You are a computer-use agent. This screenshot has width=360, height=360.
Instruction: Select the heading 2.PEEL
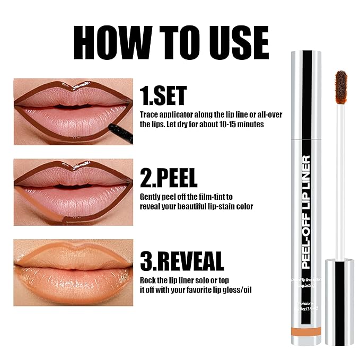click(x=169, y=179)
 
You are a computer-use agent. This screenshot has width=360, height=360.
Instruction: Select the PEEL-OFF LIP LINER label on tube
click(x=306, y=212)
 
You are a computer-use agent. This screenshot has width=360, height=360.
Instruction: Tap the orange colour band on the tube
click(x=306, y=331)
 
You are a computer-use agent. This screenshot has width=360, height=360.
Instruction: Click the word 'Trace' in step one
click(x=149, y=115)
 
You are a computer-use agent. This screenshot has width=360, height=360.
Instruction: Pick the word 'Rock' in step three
click(x=148, y=279)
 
